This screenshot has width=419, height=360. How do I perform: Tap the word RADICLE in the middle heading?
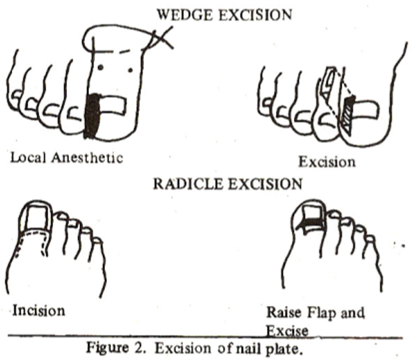click(x=188, y=184)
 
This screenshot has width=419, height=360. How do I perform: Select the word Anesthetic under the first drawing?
click(x=87, y=157)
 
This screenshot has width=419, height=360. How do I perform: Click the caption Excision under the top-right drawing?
click(x=327, y=162)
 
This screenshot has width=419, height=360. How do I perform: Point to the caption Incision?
click(x=39, y=310)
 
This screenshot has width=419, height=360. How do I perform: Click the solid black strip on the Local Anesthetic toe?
click(x=92, y=116)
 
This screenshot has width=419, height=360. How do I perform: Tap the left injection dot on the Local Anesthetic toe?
click(x=100, y=68)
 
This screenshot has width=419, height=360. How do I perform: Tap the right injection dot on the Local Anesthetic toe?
click(x=130, y=70)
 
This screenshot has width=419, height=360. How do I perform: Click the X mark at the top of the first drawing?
click(x=161, y=38)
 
